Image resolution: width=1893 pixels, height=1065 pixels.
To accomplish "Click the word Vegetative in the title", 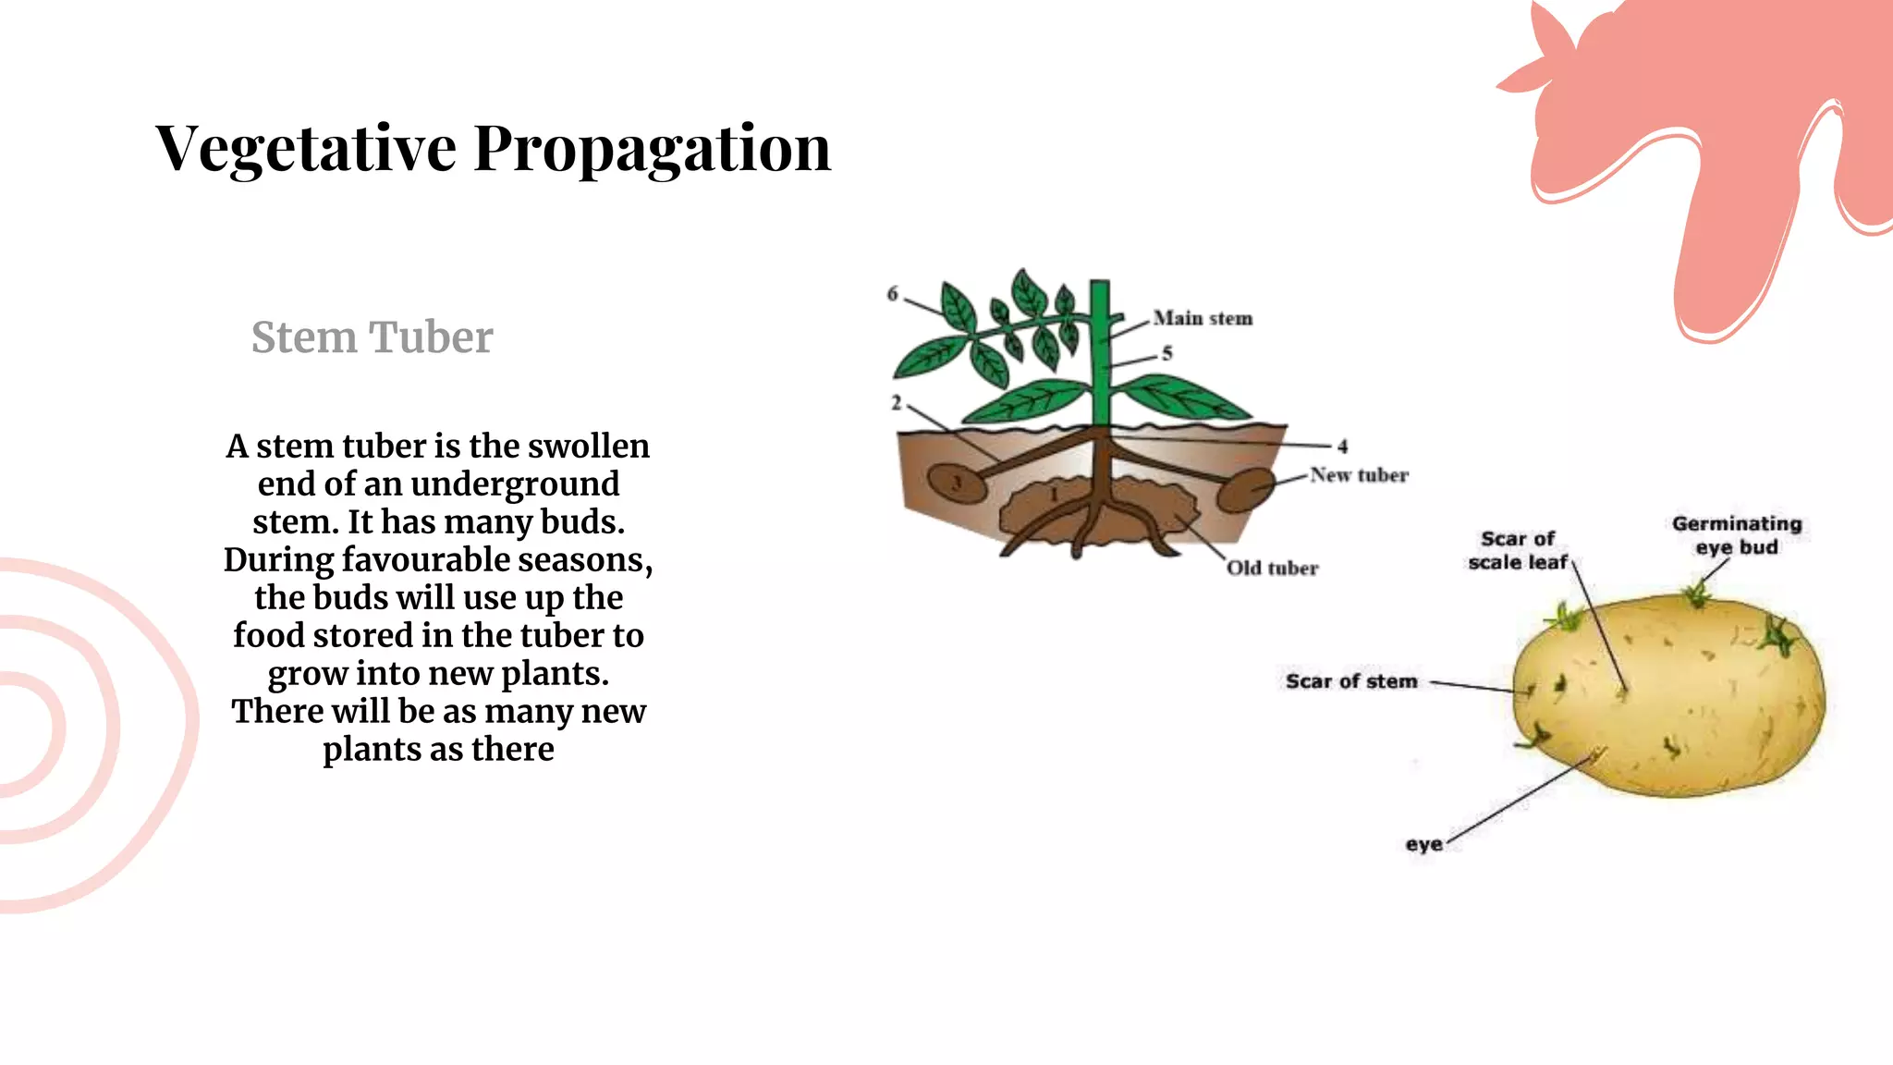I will tap(306, 148).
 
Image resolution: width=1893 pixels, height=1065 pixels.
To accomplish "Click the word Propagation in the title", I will tap(652, 148).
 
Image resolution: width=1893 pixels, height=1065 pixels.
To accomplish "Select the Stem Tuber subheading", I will tap(372, 337).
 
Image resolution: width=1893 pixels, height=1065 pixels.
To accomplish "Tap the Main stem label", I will tap(1203, 318).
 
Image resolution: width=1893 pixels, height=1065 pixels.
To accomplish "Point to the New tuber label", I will tap(1359, 475).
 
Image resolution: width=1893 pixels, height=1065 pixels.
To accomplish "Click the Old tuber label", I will tap(1272, 568).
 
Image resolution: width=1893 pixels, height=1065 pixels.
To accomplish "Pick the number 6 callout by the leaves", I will tap(893, 294).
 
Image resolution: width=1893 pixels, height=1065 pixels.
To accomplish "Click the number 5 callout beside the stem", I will tap(1167, 353).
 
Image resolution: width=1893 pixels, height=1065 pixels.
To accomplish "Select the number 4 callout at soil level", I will tap(1342, 447).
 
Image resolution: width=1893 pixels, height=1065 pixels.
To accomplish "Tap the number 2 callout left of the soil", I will tap(896, 403).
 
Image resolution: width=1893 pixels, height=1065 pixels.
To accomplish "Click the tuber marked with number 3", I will tap(958, 483).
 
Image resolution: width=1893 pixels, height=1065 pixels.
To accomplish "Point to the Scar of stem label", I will tap(1350, 681).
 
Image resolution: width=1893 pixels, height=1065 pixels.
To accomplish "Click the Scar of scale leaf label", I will tap(1518, 551).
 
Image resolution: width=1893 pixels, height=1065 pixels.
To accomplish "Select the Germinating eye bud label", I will tap(1737, 535).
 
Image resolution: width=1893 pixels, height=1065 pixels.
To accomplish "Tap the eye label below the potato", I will tap(1423, 844).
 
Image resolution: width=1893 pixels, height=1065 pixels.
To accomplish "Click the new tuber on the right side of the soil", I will tap(1245, 490).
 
